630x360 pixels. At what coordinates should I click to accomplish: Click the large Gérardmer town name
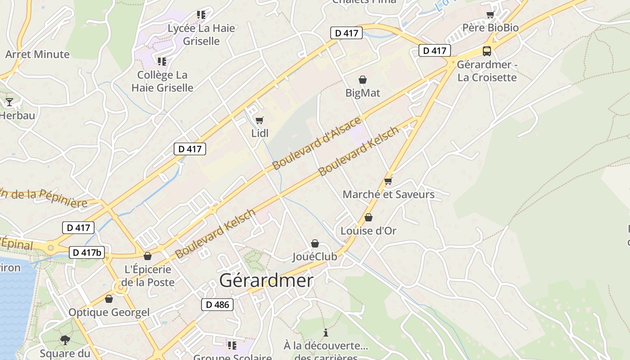266,281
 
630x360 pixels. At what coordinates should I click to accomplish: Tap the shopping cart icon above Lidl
259,120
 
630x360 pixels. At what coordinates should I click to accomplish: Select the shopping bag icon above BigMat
363,80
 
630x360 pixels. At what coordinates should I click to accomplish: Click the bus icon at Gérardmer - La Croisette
487,51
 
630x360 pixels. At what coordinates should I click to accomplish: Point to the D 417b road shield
87,252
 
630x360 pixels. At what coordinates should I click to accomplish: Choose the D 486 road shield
217,305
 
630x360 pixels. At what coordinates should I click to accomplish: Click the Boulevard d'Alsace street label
317,143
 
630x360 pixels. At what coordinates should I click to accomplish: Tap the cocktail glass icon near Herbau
9,102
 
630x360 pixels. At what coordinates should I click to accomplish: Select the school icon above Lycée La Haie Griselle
201,15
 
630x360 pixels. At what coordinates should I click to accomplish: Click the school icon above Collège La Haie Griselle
162,61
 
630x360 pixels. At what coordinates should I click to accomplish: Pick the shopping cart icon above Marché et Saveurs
388,181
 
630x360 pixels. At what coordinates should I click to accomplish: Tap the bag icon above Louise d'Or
369,218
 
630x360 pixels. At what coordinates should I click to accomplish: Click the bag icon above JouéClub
315,243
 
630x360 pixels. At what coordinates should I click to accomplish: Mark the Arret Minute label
37,54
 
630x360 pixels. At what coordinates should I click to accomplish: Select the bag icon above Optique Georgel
109,299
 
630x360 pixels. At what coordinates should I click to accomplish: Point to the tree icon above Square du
65,340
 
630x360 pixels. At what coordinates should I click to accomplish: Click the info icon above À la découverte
326,333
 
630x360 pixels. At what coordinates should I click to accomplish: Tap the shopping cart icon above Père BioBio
490,15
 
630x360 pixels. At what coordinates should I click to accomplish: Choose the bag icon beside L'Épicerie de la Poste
147,256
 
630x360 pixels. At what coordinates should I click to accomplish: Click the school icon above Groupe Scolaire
232,346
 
